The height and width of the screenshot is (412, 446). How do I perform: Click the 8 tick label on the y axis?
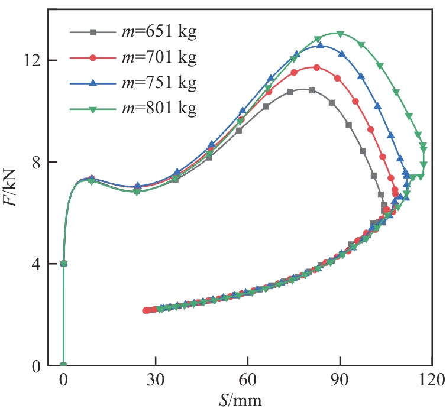36,162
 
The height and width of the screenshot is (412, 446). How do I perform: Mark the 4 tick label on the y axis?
36,264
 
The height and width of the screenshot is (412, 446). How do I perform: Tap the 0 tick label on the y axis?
36,365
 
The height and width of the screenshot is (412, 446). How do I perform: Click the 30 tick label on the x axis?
156,380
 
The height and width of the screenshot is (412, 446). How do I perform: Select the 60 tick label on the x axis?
248,380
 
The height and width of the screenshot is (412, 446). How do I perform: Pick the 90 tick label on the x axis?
340,380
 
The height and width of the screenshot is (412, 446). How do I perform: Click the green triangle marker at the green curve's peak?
340,34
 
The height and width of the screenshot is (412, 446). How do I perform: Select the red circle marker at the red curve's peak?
316,67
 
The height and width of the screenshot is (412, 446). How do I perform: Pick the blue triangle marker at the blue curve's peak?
320,45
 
